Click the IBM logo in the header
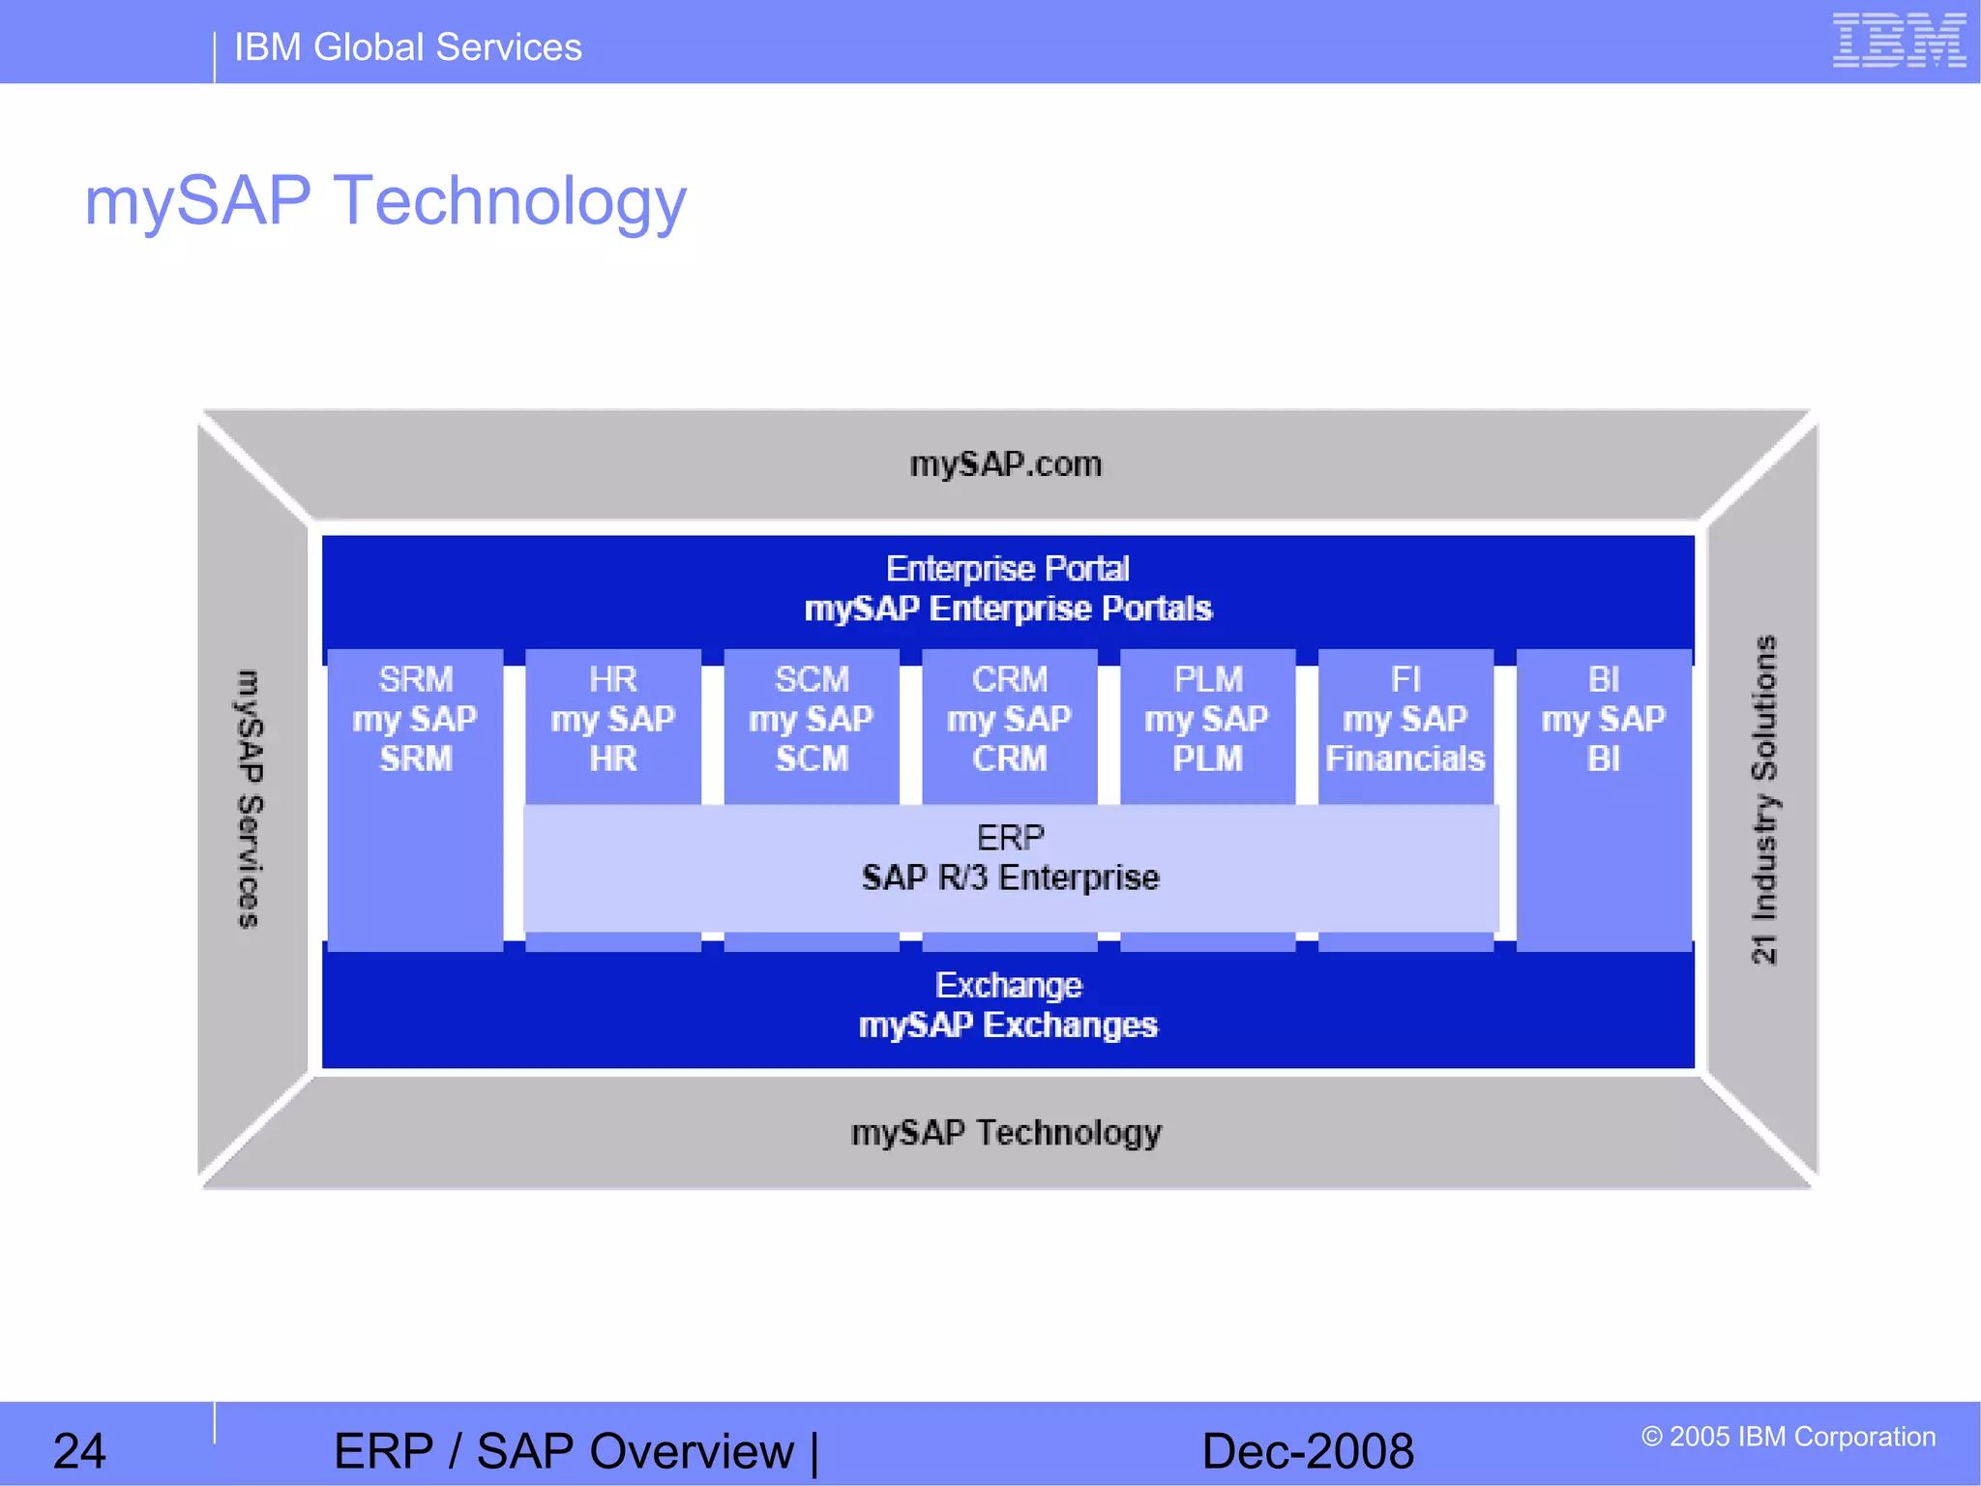[x=1898, y=41]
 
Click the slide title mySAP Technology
[x=385, y=201]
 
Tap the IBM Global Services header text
[x=407, y=47]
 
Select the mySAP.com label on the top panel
[x=1005, y=464]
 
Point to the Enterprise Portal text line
[x=1007, y=569]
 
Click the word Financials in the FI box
[x=1404, y=759]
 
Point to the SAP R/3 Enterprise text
[x=1010, y=878]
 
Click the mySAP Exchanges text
[x=1008, y=1025]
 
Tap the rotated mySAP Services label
[x=250, y=799]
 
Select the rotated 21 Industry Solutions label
[x=1764, y=799]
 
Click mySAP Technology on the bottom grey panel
[x=1006, y=1133]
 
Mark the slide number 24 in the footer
[x=78, y=1451]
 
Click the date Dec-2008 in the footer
[x=1308, y=1451]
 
